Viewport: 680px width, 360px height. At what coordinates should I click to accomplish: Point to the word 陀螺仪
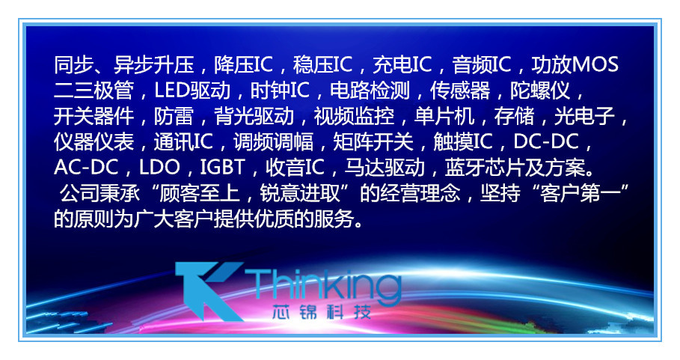click(x=540, y=92)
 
